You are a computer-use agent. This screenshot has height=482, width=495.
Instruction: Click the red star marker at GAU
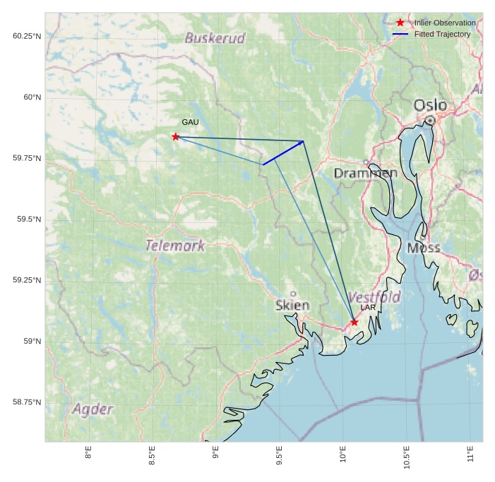click(x=175, y=136)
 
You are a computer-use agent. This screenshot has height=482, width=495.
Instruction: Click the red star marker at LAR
click(x=354, y=323)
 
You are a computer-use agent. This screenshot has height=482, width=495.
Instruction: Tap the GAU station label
click(x=190, y=123)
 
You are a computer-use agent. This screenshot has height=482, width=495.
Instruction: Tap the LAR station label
click(x=368, y=308)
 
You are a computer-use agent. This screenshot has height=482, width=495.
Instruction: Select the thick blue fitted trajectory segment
click(x=283, y=153)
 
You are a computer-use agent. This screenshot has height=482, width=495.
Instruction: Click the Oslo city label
click(x=430, y=105)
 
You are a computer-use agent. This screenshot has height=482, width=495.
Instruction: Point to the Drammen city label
click(x=365, y=173)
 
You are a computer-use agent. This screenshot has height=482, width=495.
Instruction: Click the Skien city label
click(x=292, y=306)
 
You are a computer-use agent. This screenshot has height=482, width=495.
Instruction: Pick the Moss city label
click(x=424, y=248)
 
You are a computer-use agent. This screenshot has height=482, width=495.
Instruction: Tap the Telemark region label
click(x=175, y=246)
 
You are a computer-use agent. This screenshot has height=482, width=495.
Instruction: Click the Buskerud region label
click(x=215, y=38)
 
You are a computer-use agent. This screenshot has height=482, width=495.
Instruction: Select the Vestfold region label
click(x=374, y=296)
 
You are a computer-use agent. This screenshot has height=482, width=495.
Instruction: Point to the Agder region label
click(x=93, y=409)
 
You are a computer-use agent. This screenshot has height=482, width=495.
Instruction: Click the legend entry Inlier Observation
click(x=445, y=23)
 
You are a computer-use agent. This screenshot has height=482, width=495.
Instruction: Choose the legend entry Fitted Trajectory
click(x=442, y=34)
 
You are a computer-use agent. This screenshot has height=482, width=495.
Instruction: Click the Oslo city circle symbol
click(x=429, y=121)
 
